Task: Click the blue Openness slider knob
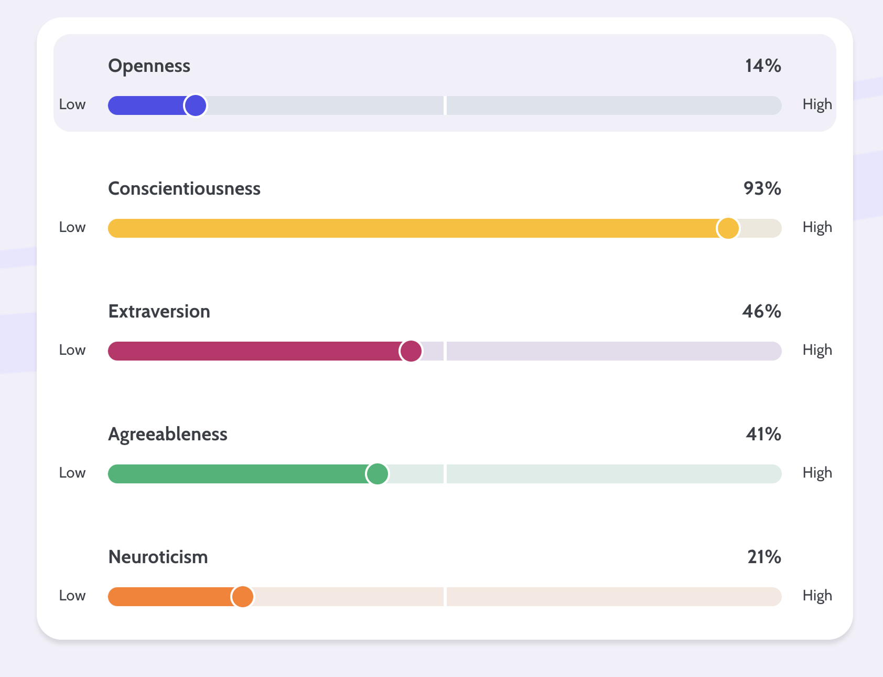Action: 195,105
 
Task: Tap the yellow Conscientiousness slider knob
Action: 728,228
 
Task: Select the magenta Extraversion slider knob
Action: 411,351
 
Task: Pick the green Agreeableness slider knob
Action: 377,474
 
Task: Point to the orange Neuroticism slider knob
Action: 242,597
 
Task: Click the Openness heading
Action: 149,66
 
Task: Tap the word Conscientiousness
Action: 184,189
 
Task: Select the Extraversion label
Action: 159,312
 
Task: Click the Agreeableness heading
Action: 167,435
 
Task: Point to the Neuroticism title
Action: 158,557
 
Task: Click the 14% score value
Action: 763,66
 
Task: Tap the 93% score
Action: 762,189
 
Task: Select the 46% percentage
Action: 761,312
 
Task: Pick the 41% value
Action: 763,435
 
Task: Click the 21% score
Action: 764,557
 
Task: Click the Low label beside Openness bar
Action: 72,104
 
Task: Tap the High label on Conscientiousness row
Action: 817,228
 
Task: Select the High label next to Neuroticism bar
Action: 817,596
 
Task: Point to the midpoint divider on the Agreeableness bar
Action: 445,474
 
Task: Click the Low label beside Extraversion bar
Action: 72,350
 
